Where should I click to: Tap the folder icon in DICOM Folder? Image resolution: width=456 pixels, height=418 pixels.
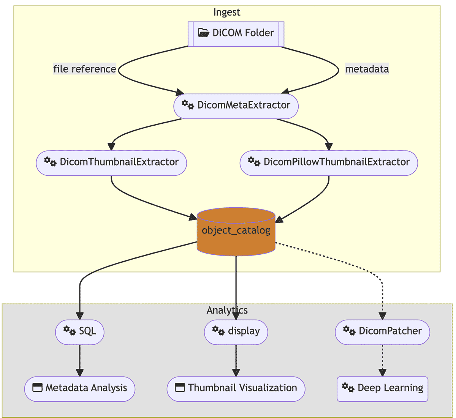204,33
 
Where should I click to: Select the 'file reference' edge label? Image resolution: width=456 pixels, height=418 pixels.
84,69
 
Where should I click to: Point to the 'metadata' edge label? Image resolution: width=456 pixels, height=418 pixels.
367,69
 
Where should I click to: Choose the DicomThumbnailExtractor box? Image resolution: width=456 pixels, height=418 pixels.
111,163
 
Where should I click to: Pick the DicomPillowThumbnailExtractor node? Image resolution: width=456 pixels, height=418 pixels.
329,163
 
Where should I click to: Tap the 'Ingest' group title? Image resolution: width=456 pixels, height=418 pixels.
227,12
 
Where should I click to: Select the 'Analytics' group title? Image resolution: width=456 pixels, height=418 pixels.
227,310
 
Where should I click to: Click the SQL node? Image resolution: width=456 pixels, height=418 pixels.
80,332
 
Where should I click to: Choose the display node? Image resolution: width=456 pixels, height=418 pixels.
236,332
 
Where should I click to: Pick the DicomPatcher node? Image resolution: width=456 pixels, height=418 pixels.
382,332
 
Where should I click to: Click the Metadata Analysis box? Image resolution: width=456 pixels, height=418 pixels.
80,389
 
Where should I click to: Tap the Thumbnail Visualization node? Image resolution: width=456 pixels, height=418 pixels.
236,389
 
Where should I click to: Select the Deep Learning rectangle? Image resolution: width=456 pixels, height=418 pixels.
382,389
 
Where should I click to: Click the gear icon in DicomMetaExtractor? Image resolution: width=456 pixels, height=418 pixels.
188,104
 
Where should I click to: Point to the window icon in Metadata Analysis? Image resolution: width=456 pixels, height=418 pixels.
37,388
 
